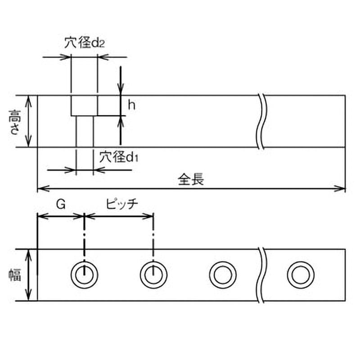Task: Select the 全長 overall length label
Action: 191,180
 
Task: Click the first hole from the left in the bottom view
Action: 84,274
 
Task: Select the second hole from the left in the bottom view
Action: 153,274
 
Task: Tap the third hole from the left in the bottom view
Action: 223,274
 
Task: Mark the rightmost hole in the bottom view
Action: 301,274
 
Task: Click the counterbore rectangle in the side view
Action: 84,105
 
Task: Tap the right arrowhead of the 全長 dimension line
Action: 342,188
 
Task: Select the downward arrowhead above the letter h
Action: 121,90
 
